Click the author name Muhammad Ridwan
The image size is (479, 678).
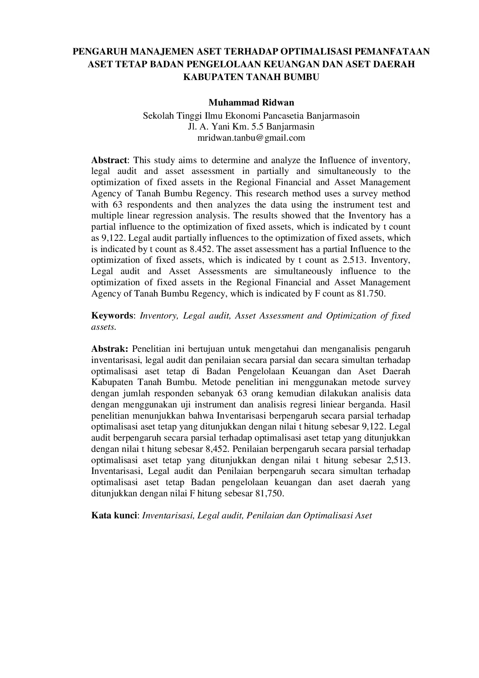pyautogui.click(x=251, y=103)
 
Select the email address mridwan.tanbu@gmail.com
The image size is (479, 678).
pyautogui.click(x=251, y=138)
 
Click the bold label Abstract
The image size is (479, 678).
pyautogui.click(x=109, y=160)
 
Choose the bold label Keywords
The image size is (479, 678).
pyautogui.click(x=112, y=315)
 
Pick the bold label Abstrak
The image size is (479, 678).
pyautogui.click(x=109, y=349)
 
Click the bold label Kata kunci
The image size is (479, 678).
pyautogui.click(x=114, y=516)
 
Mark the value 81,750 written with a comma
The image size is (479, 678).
pyautogui.click(x=269, y=494)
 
